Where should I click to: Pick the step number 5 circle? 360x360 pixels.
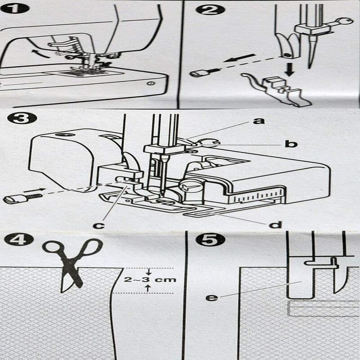tap(207, 239)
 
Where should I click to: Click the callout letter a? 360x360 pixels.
tap(259, 121)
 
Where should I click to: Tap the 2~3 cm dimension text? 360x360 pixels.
tap(150, 280)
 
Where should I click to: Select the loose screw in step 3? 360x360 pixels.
tap(22, 198)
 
